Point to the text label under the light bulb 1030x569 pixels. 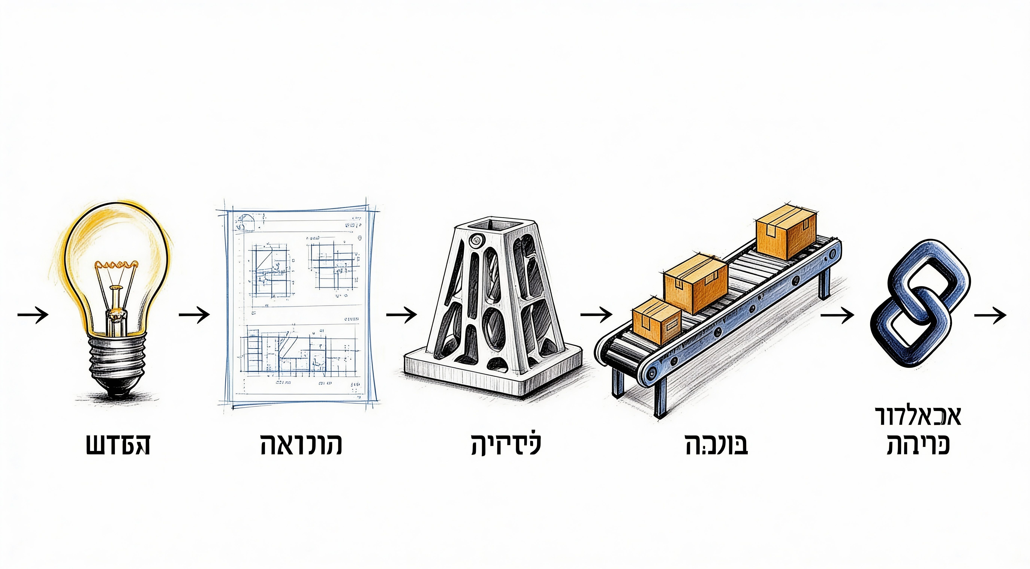point(118,445)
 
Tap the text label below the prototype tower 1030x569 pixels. point(506,445)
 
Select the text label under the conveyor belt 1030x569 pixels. point(716,445)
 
